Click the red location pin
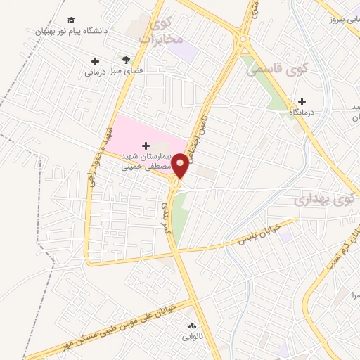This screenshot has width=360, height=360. click(x=181, y=165)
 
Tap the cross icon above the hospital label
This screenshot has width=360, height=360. click(x=146, y=146)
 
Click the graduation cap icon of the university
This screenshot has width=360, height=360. click(x=70, y=20)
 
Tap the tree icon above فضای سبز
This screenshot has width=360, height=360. click(x=126, y=60)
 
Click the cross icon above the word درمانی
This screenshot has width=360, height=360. click(x=95, y=61)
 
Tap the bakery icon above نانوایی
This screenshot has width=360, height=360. click(x=192, y=326)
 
